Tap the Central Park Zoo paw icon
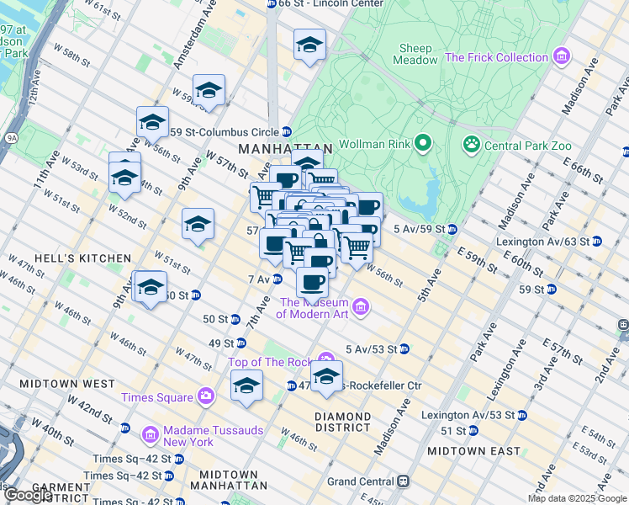tap(471, 145)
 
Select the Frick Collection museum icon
tap(562, 57)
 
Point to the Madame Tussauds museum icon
tap(151, 434)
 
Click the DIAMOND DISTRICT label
tap(342, 422)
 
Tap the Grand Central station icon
tap(403, 481)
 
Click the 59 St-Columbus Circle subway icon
tap(286, 131)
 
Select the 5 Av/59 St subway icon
tap(452, 228)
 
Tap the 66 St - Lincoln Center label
tap(315, 4)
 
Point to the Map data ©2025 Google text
tap(577, 498)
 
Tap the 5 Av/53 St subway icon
tap(404, 348)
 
